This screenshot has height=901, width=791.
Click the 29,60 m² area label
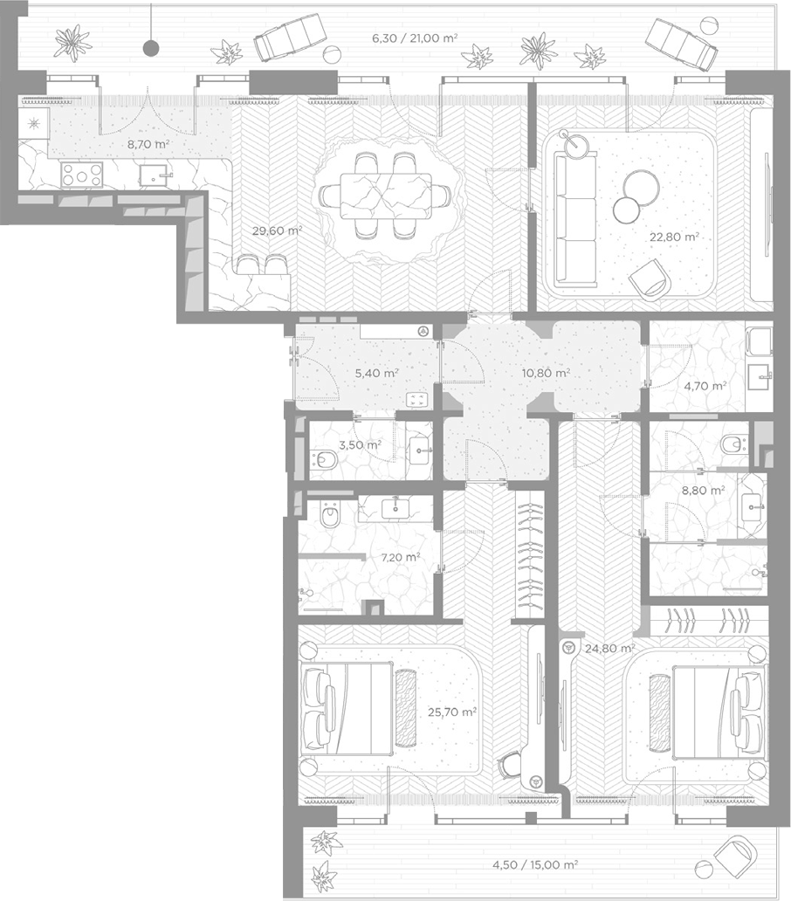(278, 231)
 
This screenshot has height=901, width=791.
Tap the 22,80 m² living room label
(674, 237)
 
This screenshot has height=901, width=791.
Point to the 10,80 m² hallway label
(546, 373)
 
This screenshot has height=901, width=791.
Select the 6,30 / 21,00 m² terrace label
(415, 38)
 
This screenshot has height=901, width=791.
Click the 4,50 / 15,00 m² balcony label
(535, 864)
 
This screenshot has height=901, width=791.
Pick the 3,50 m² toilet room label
(361, 444)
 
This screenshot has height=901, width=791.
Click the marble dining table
(386, 196)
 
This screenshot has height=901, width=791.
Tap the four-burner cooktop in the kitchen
(82, 175)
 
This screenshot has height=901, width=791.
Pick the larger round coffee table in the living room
(641, 188)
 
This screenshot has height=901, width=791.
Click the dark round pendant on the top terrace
(151, 49)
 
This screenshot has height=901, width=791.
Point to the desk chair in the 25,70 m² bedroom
(510, 765)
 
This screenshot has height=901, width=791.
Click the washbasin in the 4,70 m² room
(760, 377)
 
